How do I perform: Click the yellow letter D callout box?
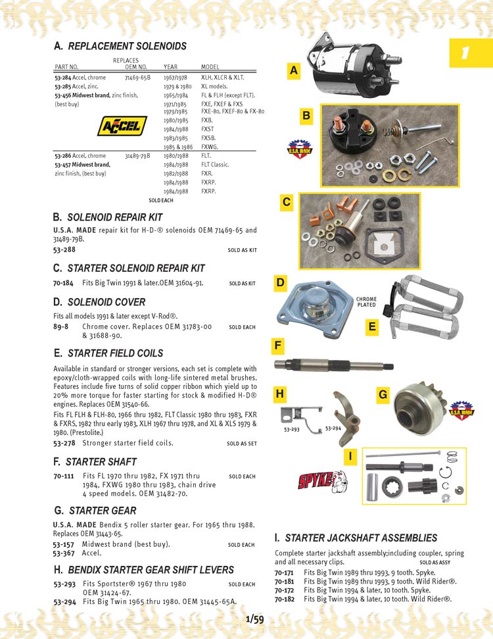(x=281, y=284)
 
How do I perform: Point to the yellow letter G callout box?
(x=383, y=395)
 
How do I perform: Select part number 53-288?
(x=64, y=250)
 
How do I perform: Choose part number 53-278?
(x=64, y=444)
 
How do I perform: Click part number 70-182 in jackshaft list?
(x=284, y=600)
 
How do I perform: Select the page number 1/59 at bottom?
(x=254, y=619)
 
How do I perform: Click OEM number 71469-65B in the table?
(x=137, y=78)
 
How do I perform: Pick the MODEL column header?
(x=210, y=67)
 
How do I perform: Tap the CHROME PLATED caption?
(x=366, y=302)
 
